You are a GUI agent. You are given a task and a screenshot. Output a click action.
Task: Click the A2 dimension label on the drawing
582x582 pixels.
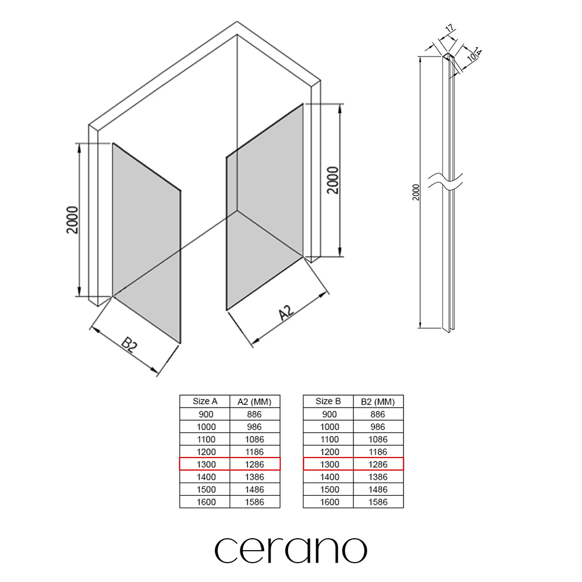coord(286,313)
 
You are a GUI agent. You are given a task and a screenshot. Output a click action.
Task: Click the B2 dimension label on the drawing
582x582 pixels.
coord(130,344)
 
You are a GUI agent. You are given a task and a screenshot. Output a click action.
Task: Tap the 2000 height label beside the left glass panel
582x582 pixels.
coord(72,220)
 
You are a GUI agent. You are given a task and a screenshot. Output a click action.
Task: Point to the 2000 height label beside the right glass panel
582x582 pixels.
coord(333,180)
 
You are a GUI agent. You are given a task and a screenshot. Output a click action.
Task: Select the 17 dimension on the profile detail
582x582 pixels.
coord(450,28)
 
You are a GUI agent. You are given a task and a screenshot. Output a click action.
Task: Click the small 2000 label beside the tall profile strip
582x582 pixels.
coord(415,192)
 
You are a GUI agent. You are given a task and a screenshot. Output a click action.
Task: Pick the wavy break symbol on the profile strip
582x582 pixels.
coord(446,181)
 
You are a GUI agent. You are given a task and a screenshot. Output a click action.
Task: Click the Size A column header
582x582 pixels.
coord(205,401)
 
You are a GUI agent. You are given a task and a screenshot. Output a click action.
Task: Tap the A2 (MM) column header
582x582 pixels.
coord(255,402)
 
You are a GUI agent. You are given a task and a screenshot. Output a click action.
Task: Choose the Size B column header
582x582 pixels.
coord(328,401)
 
